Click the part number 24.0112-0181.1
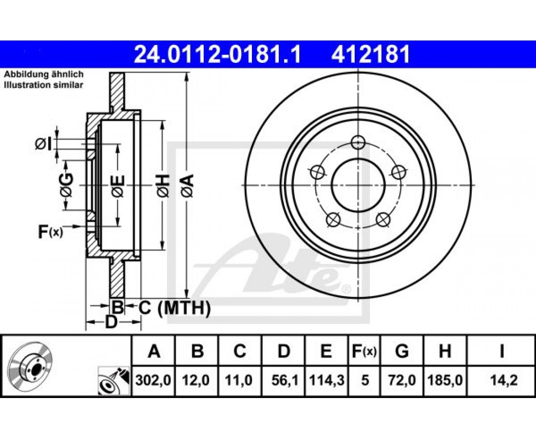point(217,55)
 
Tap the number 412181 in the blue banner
point(370,55)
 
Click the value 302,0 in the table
point(153,380)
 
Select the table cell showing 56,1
point(284,380)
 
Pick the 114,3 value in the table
point(326,380)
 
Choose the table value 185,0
point(445,380)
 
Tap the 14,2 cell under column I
point(502,380)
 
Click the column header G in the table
point(402,351)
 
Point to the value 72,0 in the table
point(402,380)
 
